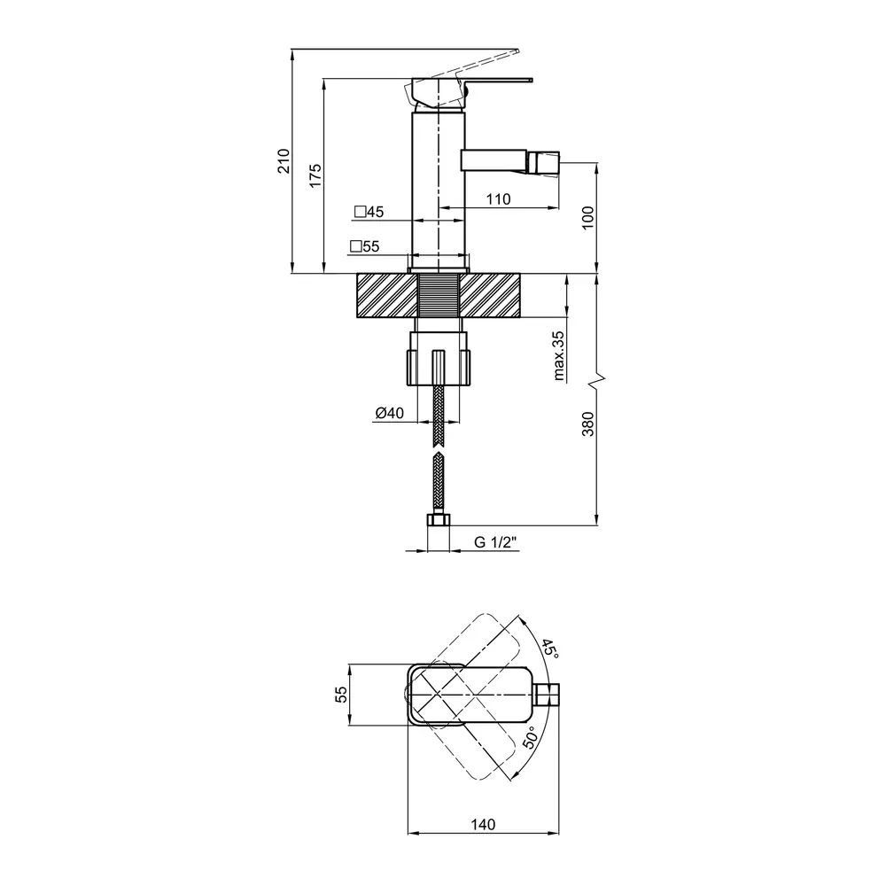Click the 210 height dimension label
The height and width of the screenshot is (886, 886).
[284, 161]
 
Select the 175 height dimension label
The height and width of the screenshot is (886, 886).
[315, 175]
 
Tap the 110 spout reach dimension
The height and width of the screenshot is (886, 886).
[498, 198]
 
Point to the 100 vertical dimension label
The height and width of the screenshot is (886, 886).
[587, 218]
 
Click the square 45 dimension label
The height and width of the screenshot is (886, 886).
[369, 212]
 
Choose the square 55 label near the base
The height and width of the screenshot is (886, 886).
[364, 246]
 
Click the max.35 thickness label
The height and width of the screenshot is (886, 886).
[559, 355]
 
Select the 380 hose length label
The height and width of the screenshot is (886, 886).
[587, 424]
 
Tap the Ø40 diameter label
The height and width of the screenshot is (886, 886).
[389, 413]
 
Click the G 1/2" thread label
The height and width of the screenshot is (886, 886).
[495, 542]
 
